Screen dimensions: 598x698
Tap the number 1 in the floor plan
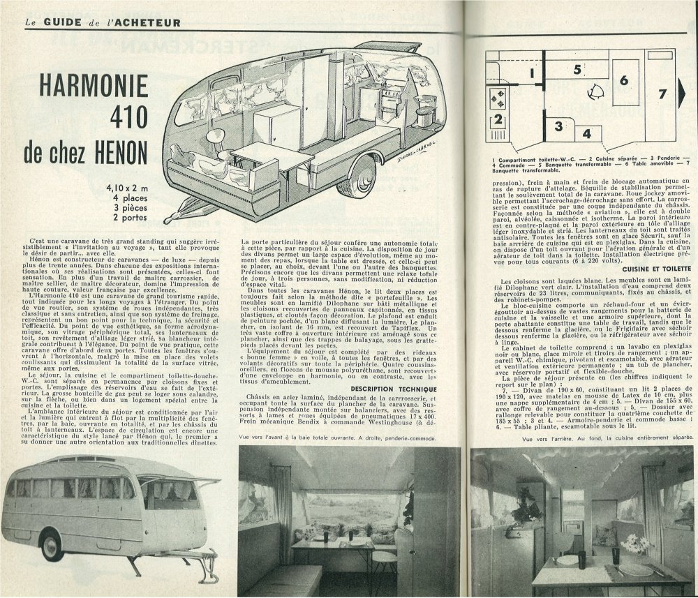pyautogui.click(x=531, y=72)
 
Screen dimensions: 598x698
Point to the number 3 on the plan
pyautogui.click(x=559, y=126)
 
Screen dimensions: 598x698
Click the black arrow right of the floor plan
pyautogui.click(x=683, y=93)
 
